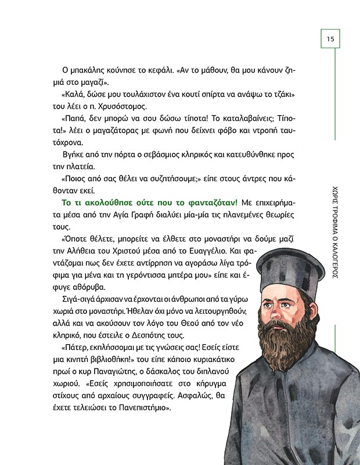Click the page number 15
pos(330,39)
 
